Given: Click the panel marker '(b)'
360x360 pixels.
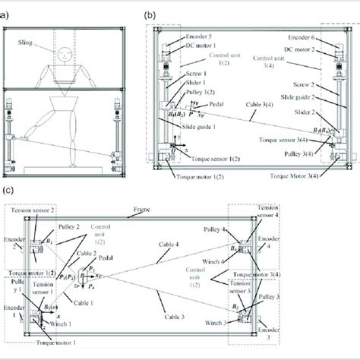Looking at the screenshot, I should coord(149,14).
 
